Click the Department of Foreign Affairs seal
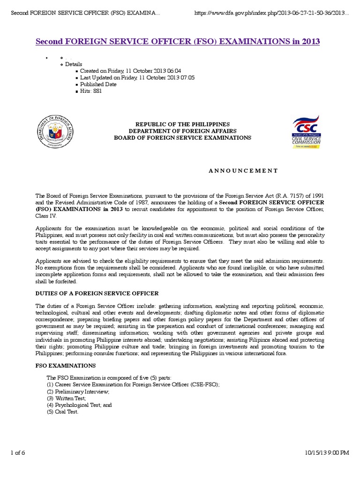pyautogui.click(x=56, y=131)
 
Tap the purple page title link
pyautogui.click(x=178, y=42)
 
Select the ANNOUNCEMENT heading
pyautogui.click(x=243, y=171)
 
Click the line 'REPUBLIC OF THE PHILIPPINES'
pyautogui.click(x=183, y=123)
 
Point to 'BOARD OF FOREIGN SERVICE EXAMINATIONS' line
pyautogui.click(x=183, y=138)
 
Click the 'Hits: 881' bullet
pyautogui.click(x=91, y=91)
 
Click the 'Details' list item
pyautogui.click(x=74, y=64)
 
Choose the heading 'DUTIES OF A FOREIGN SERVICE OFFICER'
pyautogui.click(x=97, y=293)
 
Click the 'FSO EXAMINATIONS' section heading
pyautogui.click(x=66, y=365)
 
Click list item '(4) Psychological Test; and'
pyautogui.click(x=79, y=405)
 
